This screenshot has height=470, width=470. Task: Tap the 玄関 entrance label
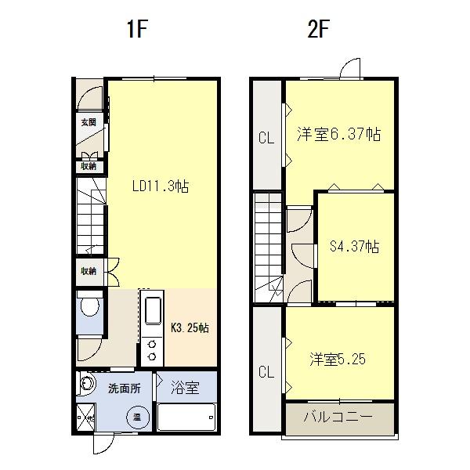click(x=88, y=122)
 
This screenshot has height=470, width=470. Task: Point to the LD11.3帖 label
click(x=160, y=186)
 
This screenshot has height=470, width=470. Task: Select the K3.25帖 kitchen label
click(x=190, y=327)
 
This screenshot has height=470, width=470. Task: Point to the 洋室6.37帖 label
click(x=338, y=135)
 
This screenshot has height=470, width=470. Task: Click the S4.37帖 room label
click(x=354, y=247)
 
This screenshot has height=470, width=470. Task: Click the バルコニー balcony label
click(x=338, y=416)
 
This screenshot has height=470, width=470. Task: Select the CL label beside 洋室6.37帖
click(x=266, y=139)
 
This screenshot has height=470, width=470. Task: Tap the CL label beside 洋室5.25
click(x=266, y=371)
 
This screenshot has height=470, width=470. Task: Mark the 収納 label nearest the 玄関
click(x=88, y=165)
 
